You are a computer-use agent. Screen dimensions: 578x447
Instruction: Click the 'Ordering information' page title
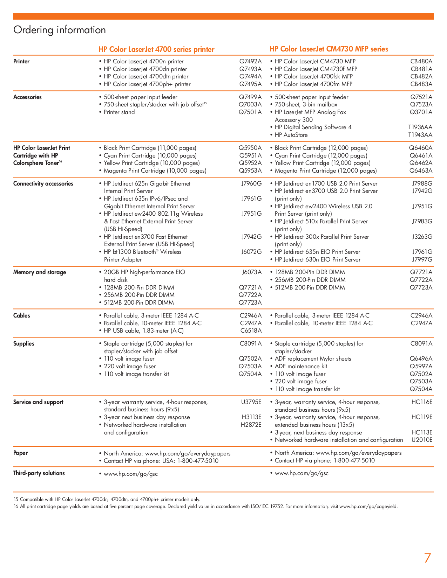(x=60, y=30)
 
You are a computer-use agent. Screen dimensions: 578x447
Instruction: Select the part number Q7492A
(x=250, y=62)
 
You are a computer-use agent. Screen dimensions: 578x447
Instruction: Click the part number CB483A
(x=421, y=84)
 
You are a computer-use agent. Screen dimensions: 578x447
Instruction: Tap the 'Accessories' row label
(x=27, y=97)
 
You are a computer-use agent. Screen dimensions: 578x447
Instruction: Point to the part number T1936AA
(x=420, y=127)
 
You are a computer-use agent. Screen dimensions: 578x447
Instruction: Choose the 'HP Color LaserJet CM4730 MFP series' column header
(x=329, y=49)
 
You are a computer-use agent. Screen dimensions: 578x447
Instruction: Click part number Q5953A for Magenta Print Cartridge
(x=250, y=171)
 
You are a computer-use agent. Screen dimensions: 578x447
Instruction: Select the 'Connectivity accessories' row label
(x=43, y=184)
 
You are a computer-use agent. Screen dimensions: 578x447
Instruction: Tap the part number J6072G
(x=251, y=252)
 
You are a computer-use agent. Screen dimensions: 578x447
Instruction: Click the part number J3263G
(x=422, y=237)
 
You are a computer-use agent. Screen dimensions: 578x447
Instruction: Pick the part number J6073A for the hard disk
(x=252, y=272)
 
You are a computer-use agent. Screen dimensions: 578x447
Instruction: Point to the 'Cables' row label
(x=22, y=316)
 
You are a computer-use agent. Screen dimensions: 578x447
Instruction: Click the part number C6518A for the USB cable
(x=251, y=331)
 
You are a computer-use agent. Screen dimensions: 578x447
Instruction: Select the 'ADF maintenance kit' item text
(x=301, y=367)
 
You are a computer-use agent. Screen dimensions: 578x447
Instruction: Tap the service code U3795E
(x=251, y=402)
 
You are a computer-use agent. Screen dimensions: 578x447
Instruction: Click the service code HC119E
(x=422, y=417)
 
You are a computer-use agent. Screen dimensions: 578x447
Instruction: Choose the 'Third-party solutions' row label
(x=39, y=473)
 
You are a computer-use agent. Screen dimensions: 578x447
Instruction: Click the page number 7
(x=427, y=558)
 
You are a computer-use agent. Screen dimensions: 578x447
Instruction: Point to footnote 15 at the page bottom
(x=107, y=500)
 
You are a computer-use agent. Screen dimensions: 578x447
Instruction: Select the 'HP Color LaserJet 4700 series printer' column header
(x=156, y=50)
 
